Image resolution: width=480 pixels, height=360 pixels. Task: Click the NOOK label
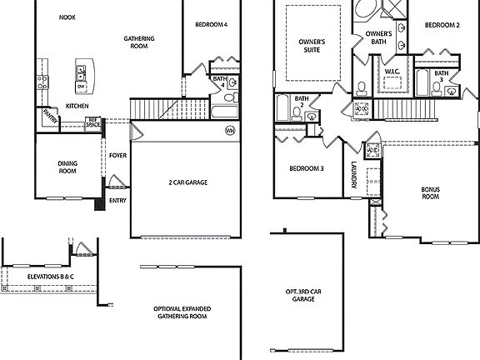(x=68, y=17)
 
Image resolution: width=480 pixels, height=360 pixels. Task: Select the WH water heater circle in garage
(x=231, y=130)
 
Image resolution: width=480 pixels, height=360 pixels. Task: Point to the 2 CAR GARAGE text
(x=187, y=182)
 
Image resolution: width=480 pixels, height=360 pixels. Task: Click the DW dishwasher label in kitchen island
(x=81, y=87)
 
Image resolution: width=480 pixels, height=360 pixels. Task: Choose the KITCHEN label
(x=77, y=106)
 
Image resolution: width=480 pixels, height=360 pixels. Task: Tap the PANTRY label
(x=48, y=117)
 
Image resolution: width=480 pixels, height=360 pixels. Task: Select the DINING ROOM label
(x=67, y=167)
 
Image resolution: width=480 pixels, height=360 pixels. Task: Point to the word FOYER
(x=117, y=156)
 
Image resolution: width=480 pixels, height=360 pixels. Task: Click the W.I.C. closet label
(x=392, y=72)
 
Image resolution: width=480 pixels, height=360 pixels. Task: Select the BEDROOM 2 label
(x=442, y=25)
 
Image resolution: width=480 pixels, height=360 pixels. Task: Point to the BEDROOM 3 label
(x=306, y=169)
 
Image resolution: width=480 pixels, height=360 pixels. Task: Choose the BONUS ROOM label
(x=430, y=192)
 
